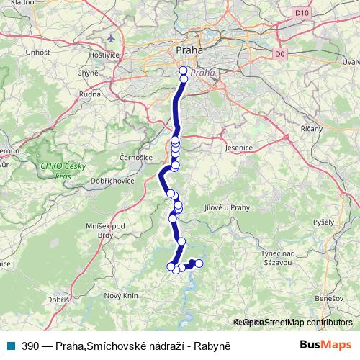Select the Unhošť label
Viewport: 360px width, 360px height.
pyautogui.click(x=37, y=53)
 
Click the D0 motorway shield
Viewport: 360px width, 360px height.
pyautogui.click(x=280, y=54)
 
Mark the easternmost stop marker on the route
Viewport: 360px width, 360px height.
pyautogui.click(x=199, y=264)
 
